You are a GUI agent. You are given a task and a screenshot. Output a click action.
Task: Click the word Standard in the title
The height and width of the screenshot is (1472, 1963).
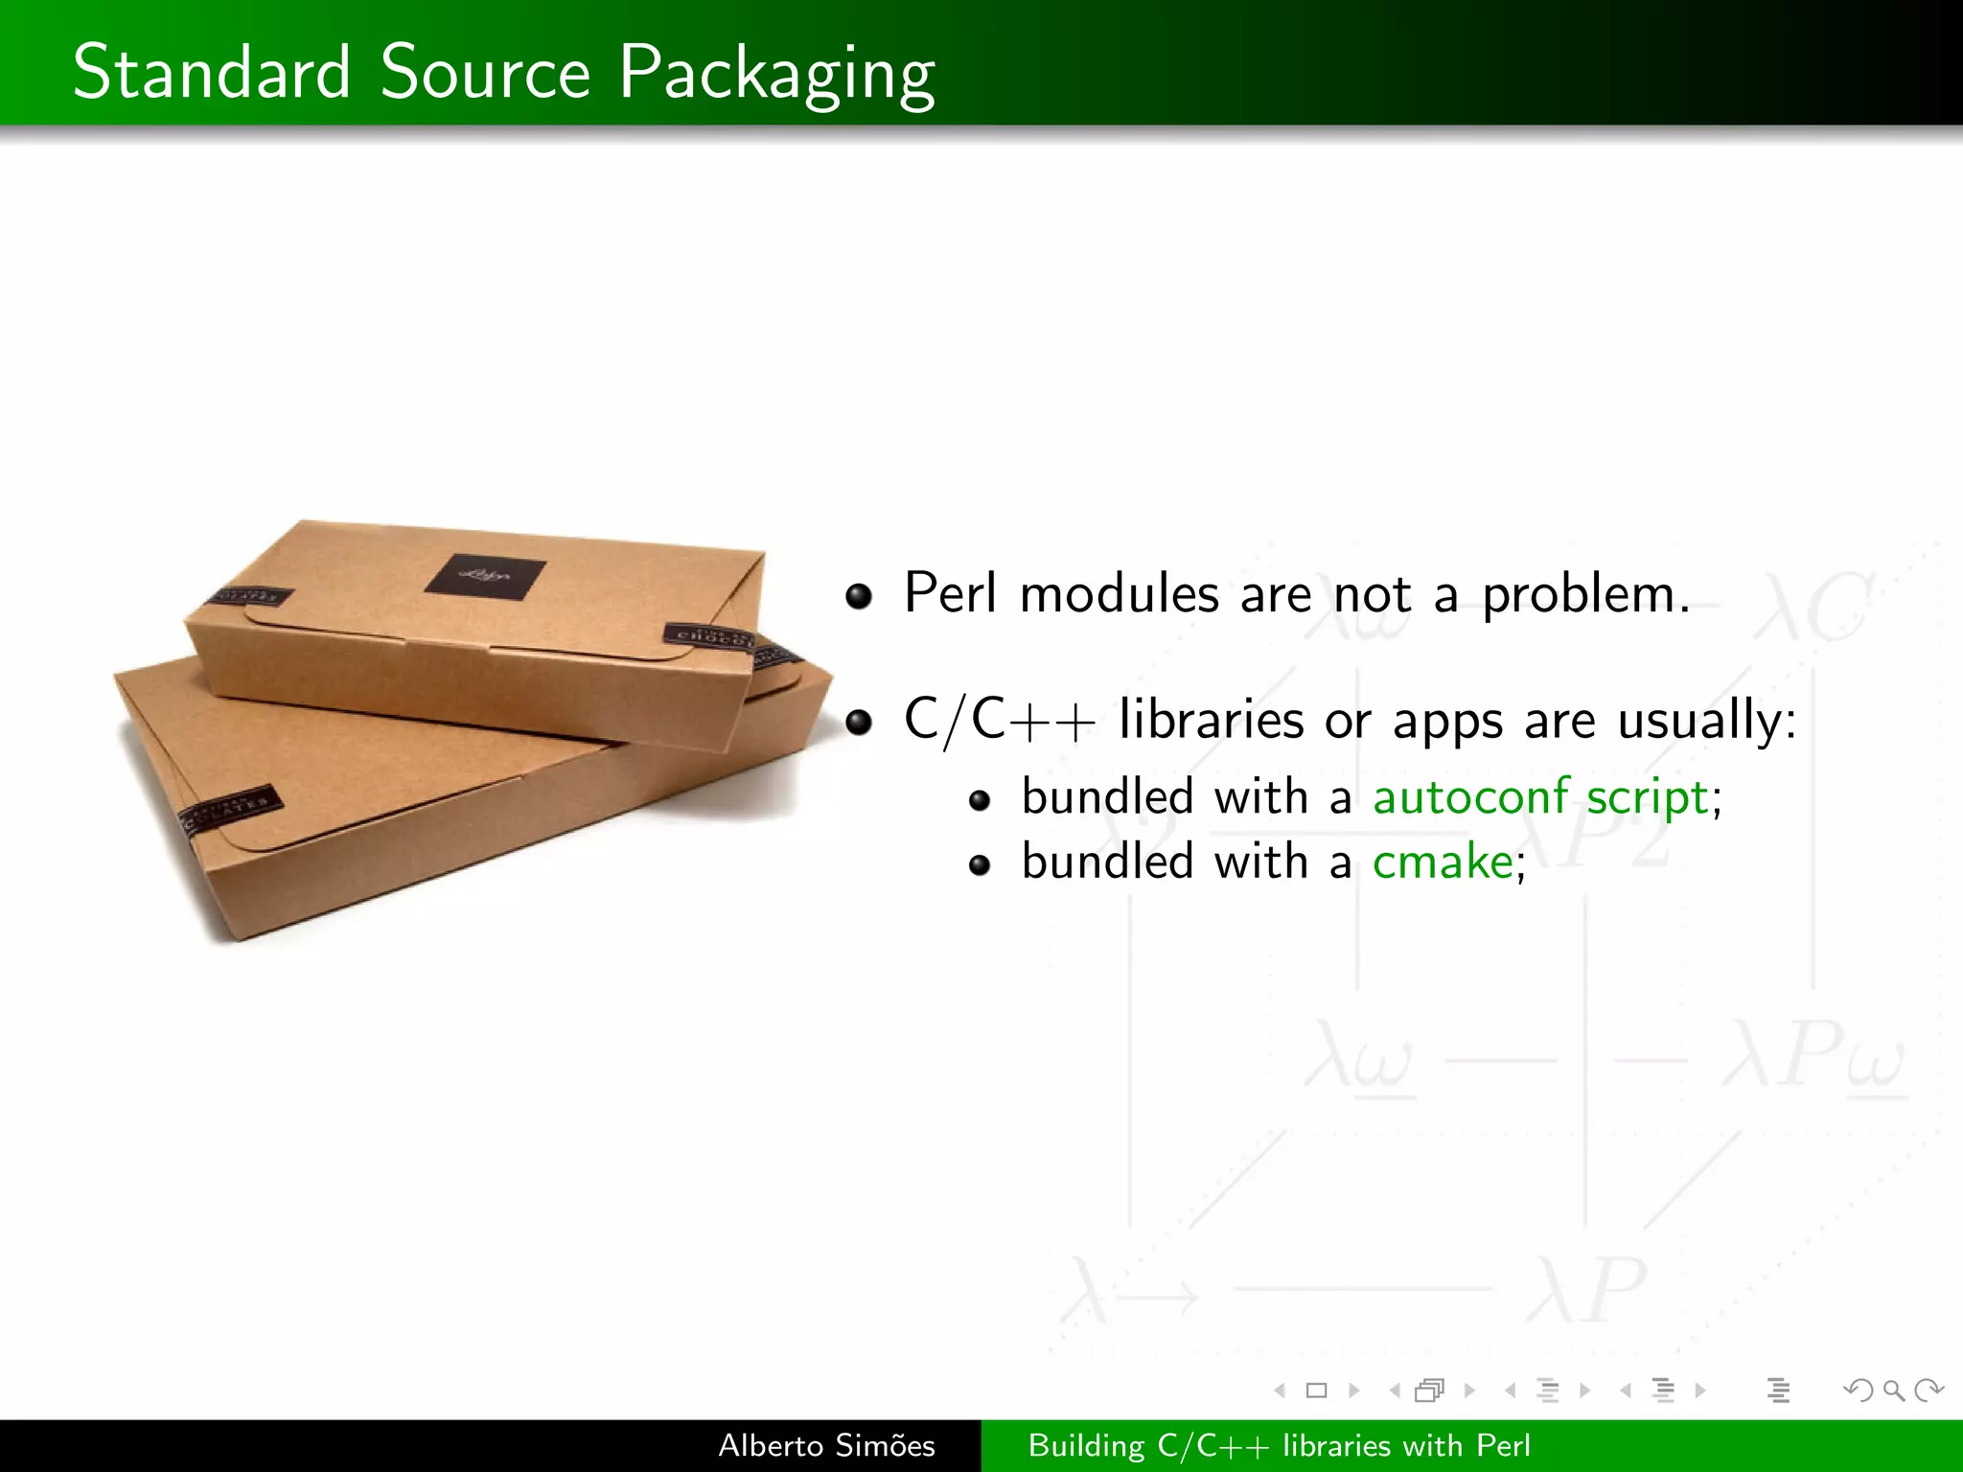click(x=212, y=72)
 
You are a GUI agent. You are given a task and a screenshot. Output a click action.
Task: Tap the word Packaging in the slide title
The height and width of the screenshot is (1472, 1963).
click(x=776, y=75)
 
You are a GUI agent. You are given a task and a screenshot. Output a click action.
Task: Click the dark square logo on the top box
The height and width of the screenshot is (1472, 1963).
click(x=485, y=577)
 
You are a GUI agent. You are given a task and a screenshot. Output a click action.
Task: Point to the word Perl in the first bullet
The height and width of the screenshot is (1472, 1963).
click(x=950, y=593)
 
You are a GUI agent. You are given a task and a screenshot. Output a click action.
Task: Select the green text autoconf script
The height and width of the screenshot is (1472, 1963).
click(x=1540, y=797)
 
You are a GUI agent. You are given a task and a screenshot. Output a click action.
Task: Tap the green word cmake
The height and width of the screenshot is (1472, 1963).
click(x=1443, y=862)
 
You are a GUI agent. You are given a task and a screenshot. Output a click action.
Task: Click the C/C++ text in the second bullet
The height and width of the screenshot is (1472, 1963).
click(x=999, y=721)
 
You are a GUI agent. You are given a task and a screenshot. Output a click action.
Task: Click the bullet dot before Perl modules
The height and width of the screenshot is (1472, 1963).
click(x=859, y=596)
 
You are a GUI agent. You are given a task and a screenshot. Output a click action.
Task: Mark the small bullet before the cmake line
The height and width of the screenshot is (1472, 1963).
click(x=979, y=865)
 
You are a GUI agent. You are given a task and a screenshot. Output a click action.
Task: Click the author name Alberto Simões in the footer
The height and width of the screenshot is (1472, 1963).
click(x=826, y=1445)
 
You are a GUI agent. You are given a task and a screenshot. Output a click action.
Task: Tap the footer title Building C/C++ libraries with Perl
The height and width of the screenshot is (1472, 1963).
click(x=1279, y=1445)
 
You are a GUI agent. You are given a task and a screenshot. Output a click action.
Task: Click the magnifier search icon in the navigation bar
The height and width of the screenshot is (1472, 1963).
click(x=1893, y=1390)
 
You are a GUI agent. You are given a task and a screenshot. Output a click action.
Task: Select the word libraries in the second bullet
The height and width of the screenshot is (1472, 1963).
click(x=1211, y=720)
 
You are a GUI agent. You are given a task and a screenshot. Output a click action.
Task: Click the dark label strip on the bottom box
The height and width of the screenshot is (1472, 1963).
click(x=231, y=811)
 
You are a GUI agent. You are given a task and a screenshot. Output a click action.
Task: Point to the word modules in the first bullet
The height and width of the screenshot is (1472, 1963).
click(x=1119, y=594)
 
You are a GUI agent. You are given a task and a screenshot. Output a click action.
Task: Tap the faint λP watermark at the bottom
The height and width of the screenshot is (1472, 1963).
click(x=1586, y=1290)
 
